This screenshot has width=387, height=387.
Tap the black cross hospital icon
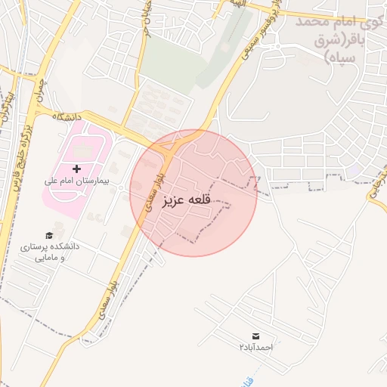pyautogui.click(x=76, y=167)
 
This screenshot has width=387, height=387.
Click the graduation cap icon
pyautogui.click(x=50, y=235)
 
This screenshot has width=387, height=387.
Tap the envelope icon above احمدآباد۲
pyautogui.click(x=255, y=335)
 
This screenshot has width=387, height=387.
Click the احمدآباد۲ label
pyautogui.click(x=255, y=347)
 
